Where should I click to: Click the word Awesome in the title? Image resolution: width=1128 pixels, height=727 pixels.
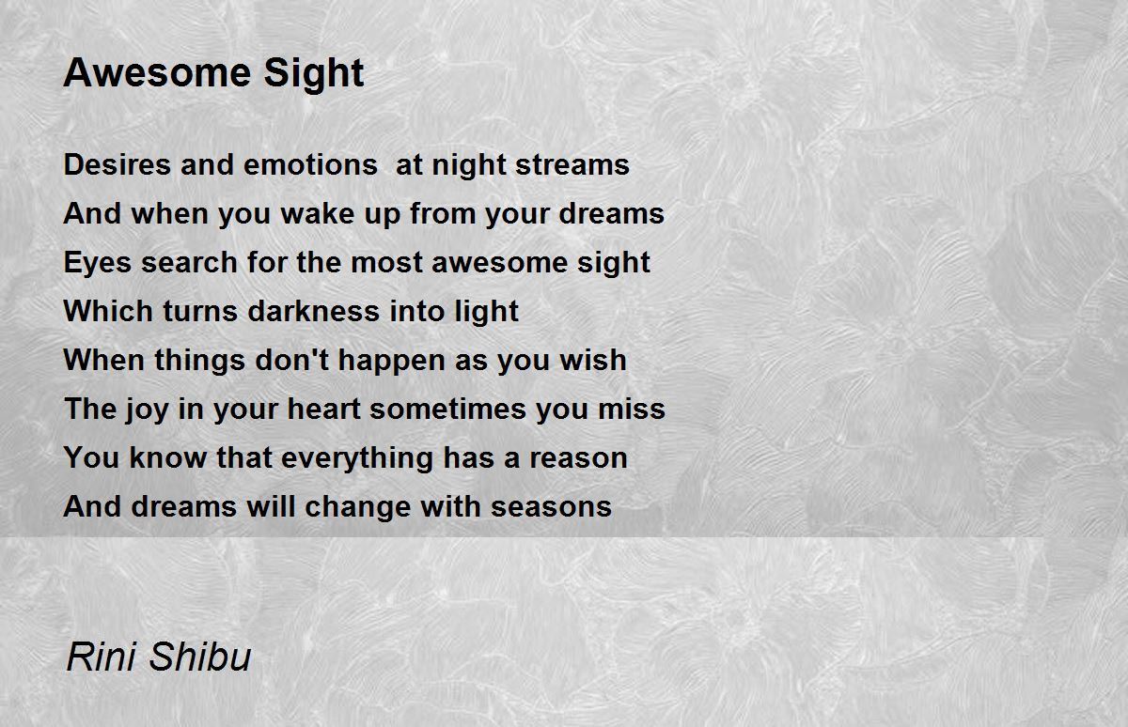[157, 73]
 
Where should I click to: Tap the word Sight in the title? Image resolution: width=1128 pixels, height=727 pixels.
[314, 75]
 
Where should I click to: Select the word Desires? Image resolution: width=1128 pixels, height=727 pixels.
[117, 164]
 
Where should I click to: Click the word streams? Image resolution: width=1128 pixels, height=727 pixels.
[572, 165]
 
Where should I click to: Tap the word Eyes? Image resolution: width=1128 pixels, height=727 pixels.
[98, 263]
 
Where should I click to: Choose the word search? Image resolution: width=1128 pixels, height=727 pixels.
[189, 263]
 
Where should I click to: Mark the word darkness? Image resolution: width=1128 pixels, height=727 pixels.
[314, 311]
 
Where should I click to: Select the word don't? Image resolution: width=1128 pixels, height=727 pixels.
[291, 361]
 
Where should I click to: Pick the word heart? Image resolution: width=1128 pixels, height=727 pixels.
[323, 409]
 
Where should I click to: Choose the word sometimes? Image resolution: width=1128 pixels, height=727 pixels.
[448, 409]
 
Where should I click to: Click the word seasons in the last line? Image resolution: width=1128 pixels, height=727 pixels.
[552, 507]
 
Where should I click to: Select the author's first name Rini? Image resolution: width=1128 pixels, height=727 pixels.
[102, 657]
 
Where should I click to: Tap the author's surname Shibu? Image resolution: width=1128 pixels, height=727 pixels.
[200, 657]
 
